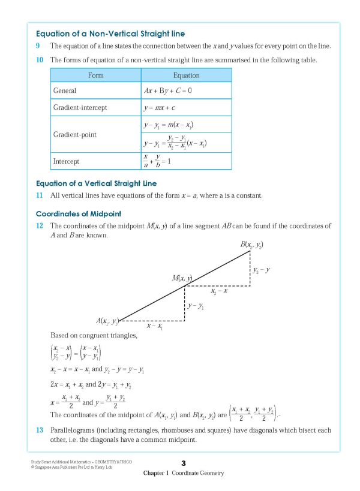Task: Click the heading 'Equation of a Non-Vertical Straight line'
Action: click(110, 34)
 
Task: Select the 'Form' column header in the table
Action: click(95, 76)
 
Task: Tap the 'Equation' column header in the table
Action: click(186, 76)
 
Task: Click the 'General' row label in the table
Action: click(65, 91)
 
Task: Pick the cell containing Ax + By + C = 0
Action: click(167, 91)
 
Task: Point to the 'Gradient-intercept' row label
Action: click(80, 107)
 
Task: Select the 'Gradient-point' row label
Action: click(74, 134)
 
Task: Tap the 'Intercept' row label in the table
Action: click(66, 162)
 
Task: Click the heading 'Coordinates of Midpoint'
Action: click(78, 213)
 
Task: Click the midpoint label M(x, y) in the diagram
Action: click(182, 278)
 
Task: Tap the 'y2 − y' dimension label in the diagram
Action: click(261, 270)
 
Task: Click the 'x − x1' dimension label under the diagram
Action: click(155, 326)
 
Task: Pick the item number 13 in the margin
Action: click(40, 430)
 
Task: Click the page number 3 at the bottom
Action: click(184, 463)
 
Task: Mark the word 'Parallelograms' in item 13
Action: click(74, 430)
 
